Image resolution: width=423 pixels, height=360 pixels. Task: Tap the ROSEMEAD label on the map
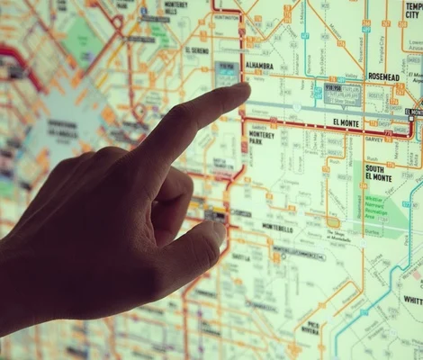[x=384, y=77]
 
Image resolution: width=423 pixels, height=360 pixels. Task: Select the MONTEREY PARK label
[x=262, y=136]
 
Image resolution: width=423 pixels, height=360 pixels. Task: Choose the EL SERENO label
[x=197, y=51]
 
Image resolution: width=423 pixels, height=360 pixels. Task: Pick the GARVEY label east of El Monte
[x=373, y=139]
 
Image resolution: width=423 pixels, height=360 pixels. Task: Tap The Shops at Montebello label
[x=337, y=236]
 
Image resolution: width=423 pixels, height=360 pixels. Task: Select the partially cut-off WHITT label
[x=412, y=300]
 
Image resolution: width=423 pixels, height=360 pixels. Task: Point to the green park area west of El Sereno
[x=86, y=40]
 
